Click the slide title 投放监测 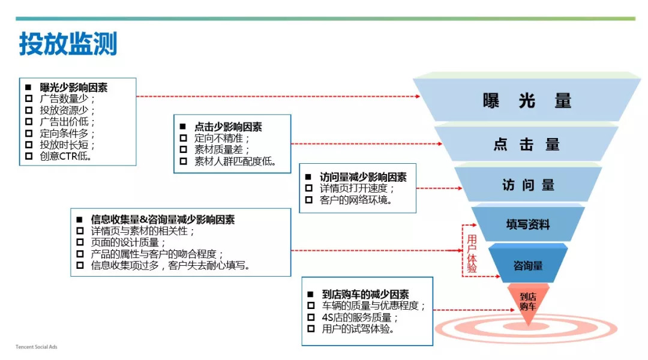click(68, 45)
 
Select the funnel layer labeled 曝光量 click(527, 101)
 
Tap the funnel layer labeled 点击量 click(526, 145)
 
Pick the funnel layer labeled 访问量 click(528, 185)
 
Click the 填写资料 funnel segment click(527, 225)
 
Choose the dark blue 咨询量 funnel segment click(528, 265)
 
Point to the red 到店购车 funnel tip click(527, 301)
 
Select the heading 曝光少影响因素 click(74, 88)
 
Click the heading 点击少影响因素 click(228, 127)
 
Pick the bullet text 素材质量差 click(222, 150)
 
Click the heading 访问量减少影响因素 click(363, 178)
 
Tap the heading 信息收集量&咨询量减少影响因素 click(163, 220)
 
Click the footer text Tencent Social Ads click(37, 347)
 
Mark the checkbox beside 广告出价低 click(29, 122)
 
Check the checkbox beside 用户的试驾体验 click(310, 329)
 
